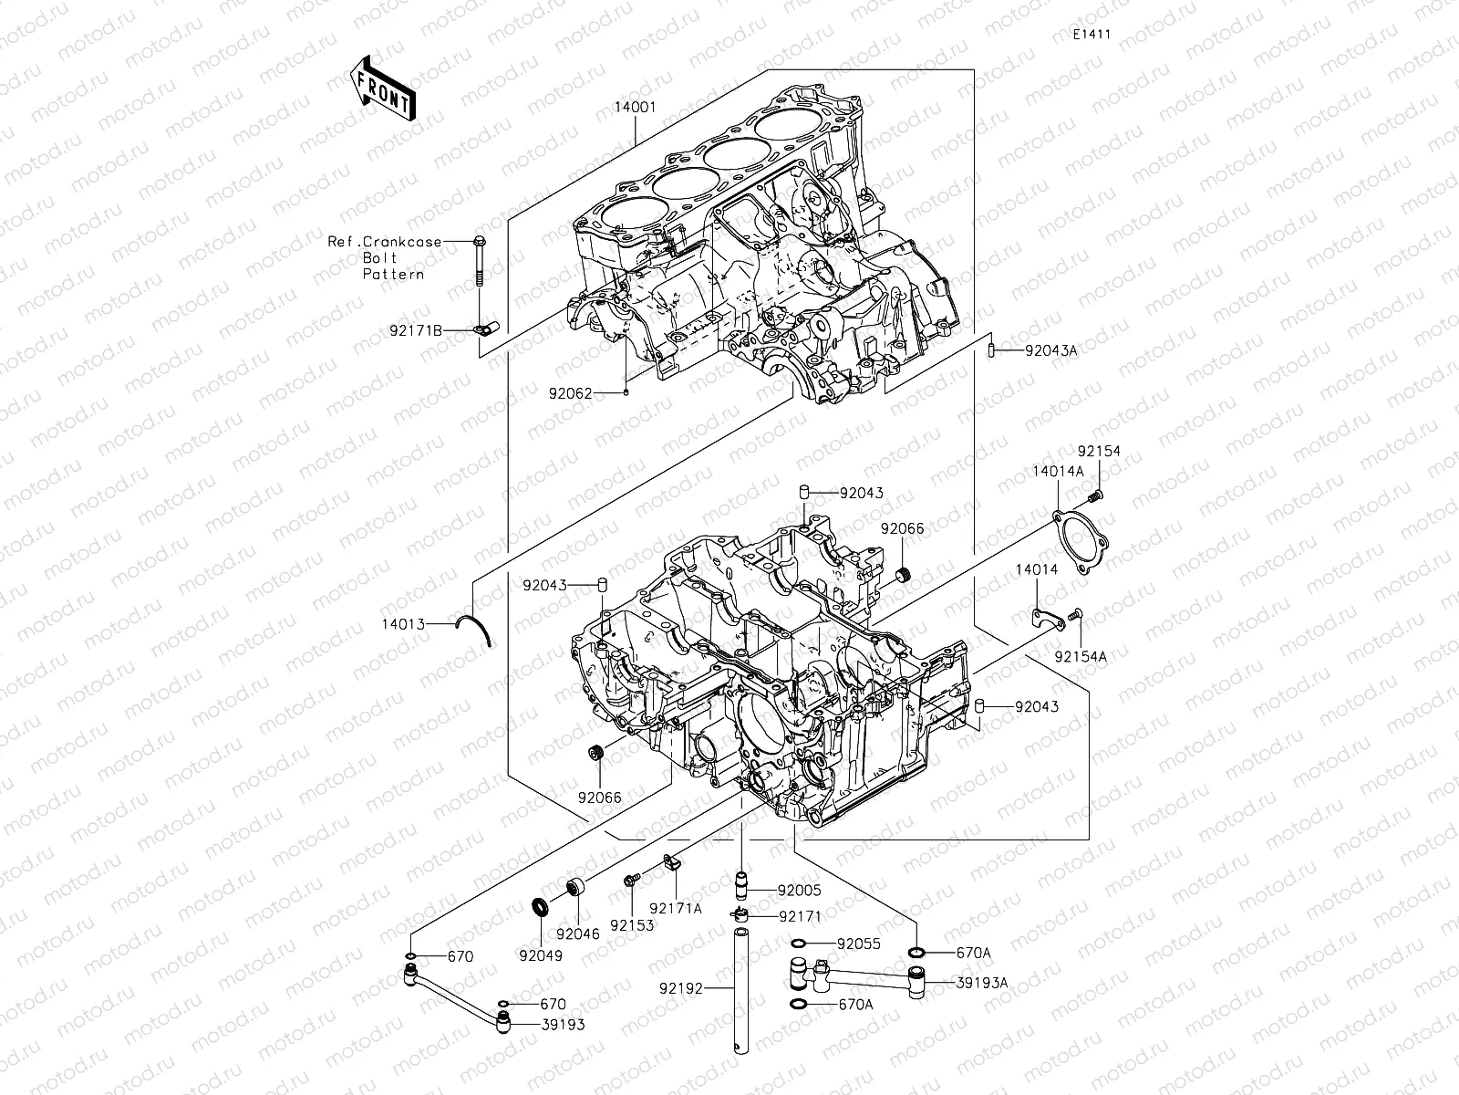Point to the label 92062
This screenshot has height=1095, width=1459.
click(x=595, y=394)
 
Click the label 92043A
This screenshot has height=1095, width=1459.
click(x=1050, y=349)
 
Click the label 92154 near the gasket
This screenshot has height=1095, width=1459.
click(x=1098, y=452)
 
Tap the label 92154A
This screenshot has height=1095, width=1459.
click(x=1081, y=656)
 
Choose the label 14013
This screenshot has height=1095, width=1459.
click(x=403, y=624)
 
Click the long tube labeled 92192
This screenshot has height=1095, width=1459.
click(x=740, y=990)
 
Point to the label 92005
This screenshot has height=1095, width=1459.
click(x=800, y=890)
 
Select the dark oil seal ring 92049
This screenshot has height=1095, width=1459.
click(x=542, y=908)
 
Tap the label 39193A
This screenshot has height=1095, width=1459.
click(x=982, y=983)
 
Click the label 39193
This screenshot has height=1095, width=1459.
click(x=563, y=1025)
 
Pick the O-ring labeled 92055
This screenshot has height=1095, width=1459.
click(x=797, y=944)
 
